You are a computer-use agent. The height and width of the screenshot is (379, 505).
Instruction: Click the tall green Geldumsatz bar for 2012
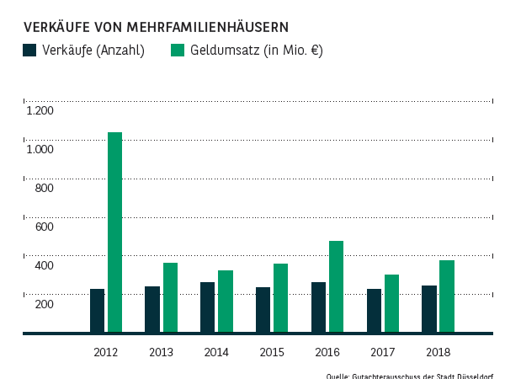click(115, 232)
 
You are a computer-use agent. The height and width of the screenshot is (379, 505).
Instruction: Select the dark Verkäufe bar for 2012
click(97, 311)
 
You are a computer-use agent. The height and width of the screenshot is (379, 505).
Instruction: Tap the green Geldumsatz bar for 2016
click(336, 286)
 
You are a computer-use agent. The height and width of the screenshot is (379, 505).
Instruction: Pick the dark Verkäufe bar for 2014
click(207, 307)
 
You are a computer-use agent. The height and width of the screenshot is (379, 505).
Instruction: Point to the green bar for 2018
click(447, 296)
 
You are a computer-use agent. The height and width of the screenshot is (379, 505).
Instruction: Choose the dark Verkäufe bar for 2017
click(374, 311)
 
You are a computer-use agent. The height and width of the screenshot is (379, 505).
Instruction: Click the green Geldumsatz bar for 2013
click(170, 297)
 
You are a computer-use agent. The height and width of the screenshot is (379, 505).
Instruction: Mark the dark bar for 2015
click(263, 310)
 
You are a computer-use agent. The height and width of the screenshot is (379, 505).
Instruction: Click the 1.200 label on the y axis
click(40, 110)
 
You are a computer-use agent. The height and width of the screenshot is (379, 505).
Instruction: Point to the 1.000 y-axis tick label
click(40, 149)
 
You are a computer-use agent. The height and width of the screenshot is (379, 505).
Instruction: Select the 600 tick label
click(43, 227)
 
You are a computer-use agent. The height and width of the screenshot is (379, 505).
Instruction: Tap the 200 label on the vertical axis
click(43, 304)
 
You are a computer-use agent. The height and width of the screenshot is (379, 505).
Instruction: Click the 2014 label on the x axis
click(216, 352)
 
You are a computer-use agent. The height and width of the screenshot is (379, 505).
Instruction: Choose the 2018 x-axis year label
click(438, 352)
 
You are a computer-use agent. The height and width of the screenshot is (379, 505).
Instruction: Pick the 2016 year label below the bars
click(327, 352)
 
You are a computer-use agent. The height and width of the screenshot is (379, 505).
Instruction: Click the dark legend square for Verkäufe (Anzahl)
click(30, 51)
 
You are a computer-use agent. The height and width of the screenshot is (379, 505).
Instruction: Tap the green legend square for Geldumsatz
click(178, 51)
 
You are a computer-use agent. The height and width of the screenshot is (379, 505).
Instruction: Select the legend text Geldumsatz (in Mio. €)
click(257, 51)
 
